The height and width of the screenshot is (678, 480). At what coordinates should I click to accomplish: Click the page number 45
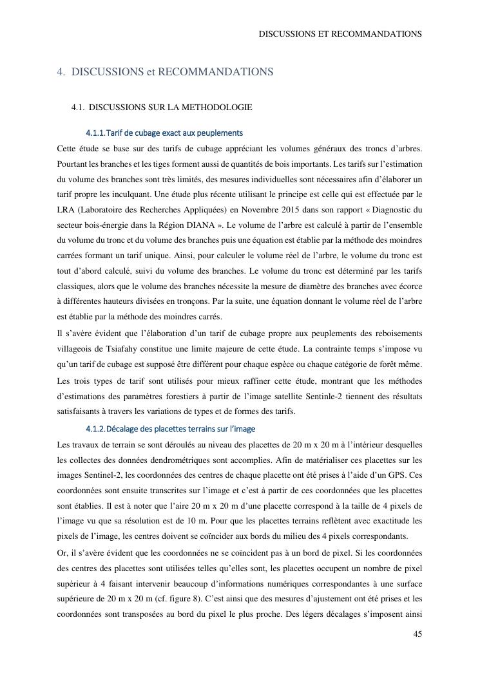coord(418,634)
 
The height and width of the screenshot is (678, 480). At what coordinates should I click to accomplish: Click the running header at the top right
coord(340,33)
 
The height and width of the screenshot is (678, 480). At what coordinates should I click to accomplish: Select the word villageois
coord(76,349)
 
